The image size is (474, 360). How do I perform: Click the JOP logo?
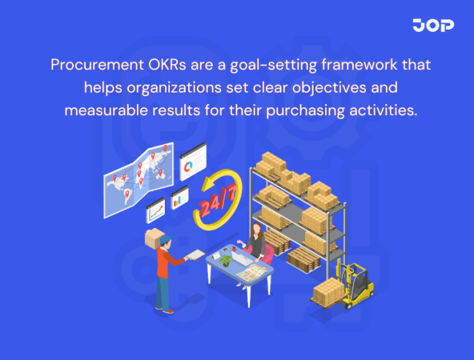433,26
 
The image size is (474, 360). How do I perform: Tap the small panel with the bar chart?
179,200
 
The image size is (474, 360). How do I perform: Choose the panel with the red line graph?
156,211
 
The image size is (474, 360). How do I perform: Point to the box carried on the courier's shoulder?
155,238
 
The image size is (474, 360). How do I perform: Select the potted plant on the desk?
226,259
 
